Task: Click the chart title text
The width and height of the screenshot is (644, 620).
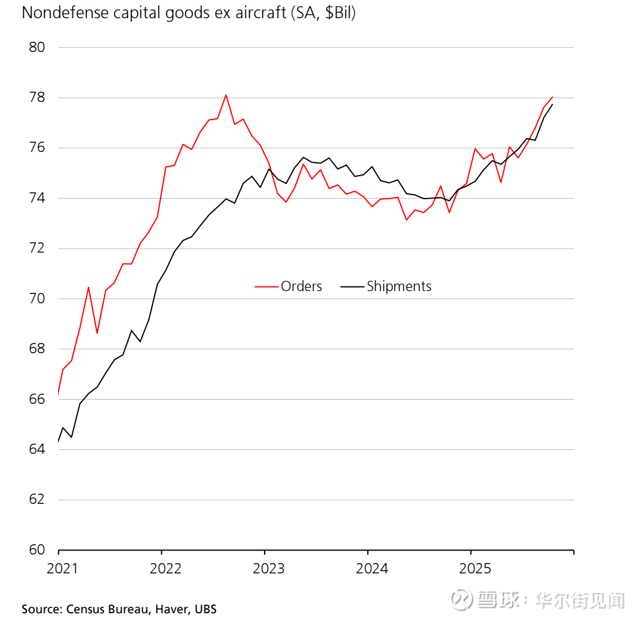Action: [x=188, y=13]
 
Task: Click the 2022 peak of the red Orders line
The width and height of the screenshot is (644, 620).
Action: [x=225, y=95]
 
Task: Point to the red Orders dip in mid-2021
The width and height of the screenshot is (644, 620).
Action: [x=97, y=333]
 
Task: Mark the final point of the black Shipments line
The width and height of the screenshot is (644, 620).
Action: [x=552, y=104]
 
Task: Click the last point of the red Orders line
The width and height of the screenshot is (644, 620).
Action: [x=552, y=97]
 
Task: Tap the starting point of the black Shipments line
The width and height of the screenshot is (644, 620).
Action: [x=59, y=442]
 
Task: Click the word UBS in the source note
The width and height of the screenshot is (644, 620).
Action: [x=205, y=609]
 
